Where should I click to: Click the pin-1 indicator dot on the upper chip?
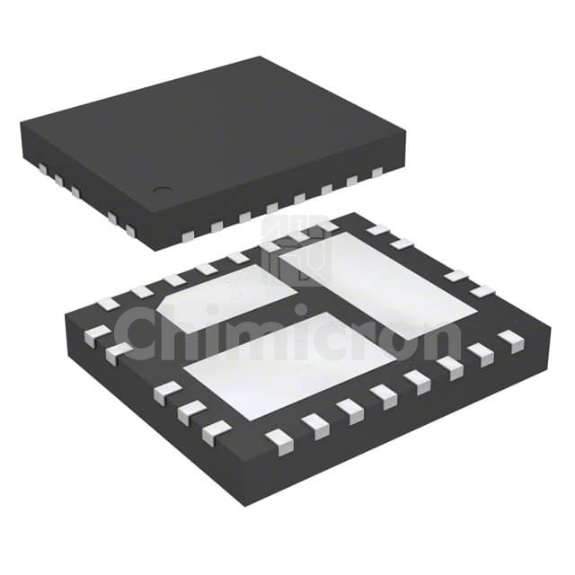point(162,190)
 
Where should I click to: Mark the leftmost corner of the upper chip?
point(20,126)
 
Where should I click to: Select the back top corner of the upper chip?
point(262,57)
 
